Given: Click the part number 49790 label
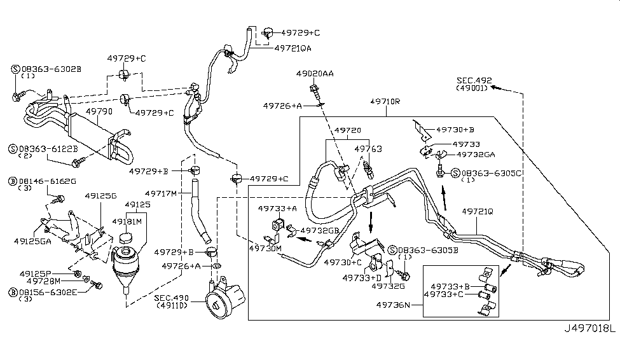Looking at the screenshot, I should (99, 111).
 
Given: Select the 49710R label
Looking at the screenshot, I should (385, 101).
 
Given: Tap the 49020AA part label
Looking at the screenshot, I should (314, 74).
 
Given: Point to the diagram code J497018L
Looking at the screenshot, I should (590, 329).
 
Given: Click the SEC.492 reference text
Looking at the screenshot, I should (474, 80).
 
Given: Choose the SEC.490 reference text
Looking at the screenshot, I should (172, 298).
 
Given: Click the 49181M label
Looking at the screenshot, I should (127, 221).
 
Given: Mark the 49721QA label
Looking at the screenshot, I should (293, 48).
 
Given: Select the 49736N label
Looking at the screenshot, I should (392, 305).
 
